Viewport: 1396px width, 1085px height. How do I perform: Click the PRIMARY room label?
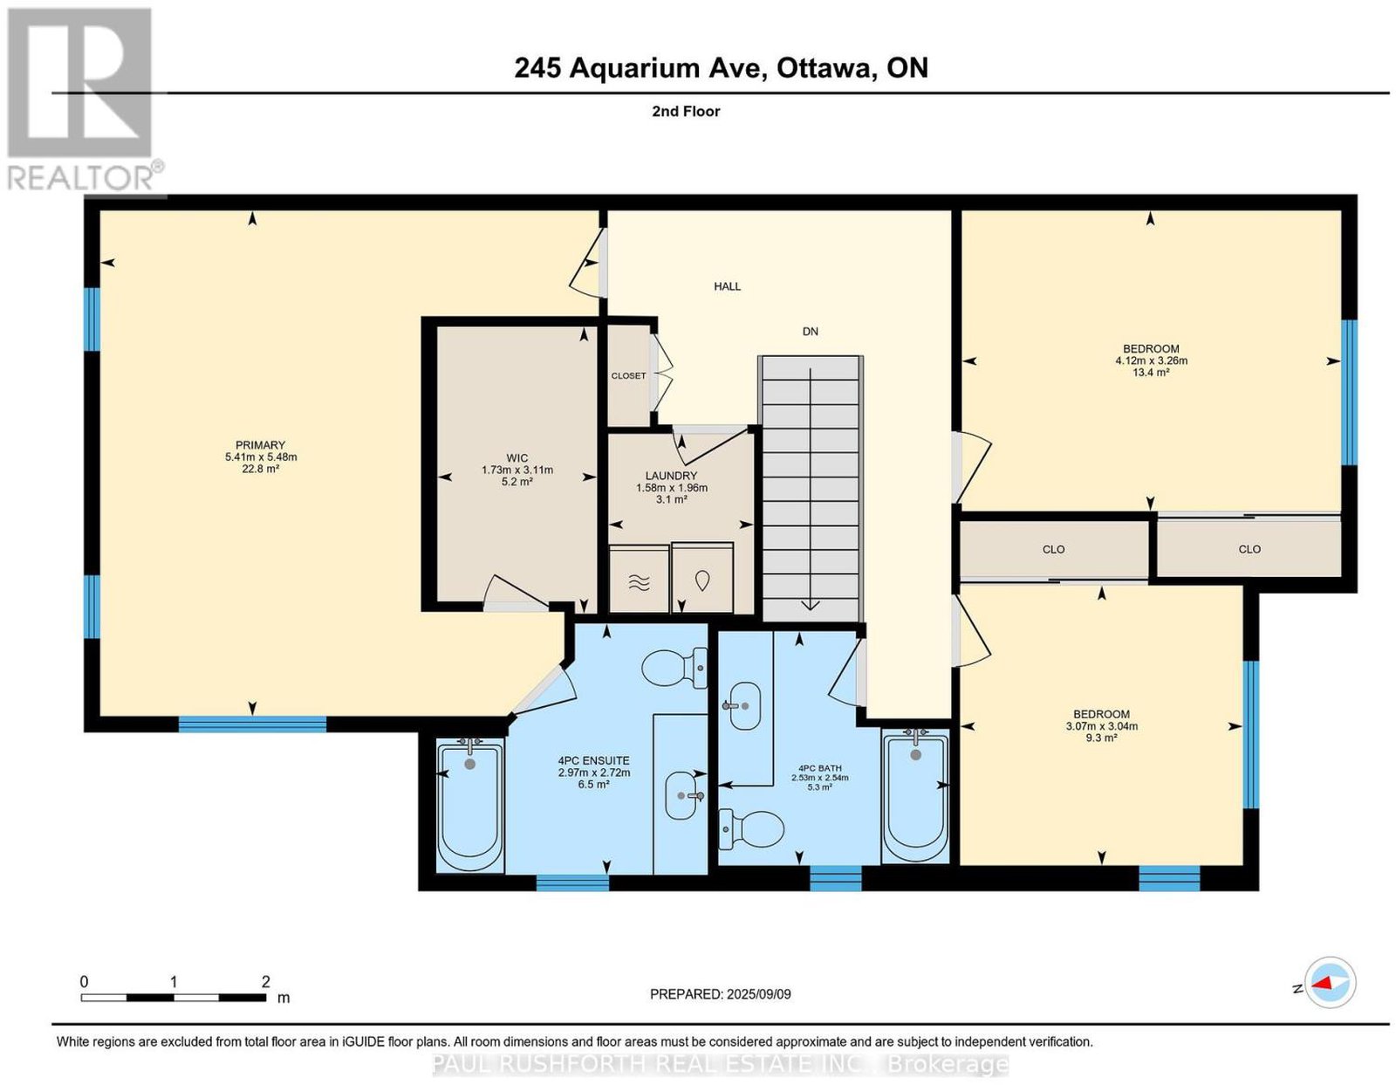[260, 445]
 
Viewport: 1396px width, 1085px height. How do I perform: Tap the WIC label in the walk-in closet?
[517, 458]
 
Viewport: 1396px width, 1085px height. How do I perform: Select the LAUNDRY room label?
[671, 476]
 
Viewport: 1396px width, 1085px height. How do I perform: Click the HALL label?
[728, 286]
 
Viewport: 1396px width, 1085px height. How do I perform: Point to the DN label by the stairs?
[811, 332]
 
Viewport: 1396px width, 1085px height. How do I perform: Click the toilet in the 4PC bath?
[751, 828]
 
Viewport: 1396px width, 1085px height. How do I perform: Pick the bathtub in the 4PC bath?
[915, 796]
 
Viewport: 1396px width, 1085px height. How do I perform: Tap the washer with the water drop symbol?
[703, 578]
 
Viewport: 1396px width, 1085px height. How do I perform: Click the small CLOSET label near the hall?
[628, 376]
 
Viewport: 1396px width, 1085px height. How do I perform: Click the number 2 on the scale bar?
[265, 982]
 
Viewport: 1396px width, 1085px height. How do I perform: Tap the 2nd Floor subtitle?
[686, 111]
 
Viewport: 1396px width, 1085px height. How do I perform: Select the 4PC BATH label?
[820, 767]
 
